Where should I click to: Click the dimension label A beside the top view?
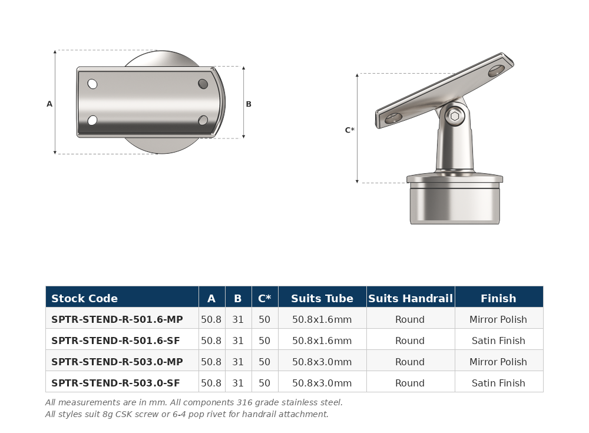point(49,104)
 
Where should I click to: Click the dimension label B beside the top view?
point(249,104)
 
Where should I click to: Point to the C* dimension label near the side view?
point(349,130)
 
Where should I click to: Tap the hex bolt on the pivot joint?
point(455,116)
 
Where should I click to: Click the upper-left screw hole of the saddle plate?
point(92,84)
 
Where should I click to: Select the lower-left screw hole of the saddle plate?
point(92,120)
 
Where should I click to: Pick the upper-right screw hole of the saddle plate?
point(203,84)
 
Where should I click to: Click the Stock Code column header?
point(84,299)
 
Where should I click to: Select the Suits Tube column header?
point(322,299)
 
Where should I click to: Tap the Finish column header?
point(498,299)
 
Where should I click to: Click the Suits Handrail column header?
point(411,299)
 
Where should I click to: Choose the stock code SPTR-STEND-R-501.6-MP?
point(117,319)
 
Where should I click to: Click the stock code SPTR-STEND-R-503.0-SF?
point(115,383)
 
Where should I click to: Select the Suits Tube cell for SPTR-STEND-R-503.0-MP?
point(322,362)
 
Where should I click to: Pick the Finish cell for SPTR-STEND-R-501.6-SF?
point(498,341)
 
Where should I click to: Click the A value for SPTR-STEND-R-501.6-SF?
point(211,341)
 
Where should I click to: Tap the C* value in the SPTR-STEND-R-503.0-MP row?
point(264,362)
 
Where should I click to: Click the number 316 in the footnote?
point(244,402)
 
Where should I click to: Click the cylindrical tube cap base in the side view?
point(455,203)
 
